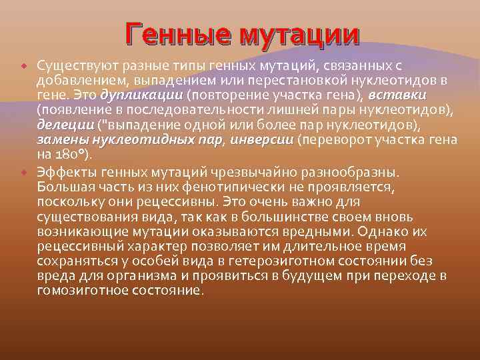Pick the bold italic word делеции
(65, 125)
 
